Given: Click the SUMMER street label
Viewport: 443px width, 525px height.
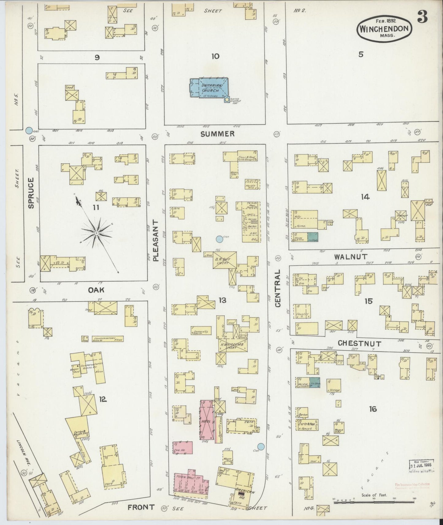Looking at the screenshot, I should click(x=218, y=134).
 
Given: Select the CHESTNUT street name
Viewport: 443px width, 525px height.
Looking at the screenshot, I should click(x=359, y=344).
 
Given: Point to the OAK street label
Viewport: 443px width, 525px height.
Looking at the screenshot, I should click(x=97, y=290).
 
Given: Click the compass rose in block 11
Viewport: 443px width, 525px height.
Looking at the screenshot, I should click(x=96, y=233).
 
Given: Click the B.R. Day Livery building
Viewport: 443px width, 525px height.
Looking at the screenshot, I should click(x=225, y=261).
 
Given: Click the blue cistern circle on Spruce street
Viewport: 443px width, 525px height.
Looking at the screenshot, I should click(x=29, y=130).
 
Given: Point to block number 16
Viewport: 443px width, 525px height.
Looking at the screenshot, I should click(x=372, y=409).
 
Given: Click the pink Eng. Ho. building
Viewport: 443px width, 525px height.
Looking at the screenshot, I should click(x=183, y=448).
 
